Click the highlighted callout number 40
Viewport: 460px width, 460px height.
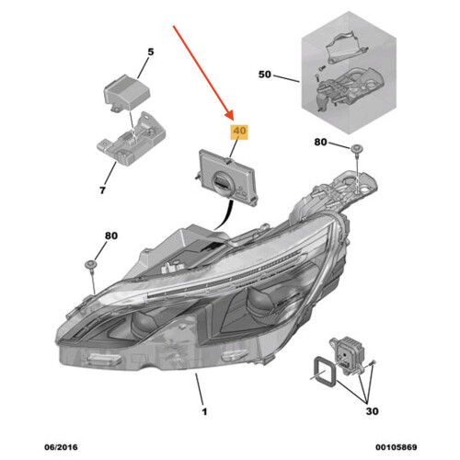(239, 132)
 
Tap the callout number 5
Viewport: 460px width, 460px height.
(151, 52)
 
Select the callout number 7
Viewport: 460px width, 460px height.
(103, 190)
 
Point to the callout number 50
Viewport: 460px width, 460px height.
(265, 75)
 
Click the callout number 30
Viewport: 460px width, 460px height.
(372, 411)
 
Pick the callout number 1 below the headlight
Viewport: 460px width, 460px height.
(204, 411)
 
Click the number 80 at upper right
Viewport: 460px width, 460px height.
(320, 142)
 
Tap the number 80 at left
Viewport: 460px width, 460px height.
(111, 236)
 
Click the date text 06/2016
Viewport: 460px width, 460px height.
(61, 447)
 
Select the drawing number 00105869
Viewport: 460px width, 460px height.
(397, 447)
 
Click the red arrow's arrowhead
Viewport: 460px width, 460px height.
(229, 116)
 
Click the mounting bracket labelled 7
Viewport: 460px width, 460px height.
(132, 138)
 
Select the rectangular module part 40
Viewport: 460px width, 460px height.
(229, 178)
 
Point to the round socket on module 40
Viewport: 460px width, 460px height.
(221, 182)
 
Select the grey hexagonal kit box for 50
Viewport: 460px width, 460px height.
(349, 73)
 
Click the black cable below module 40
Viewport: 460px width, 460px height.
(225, 215)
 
